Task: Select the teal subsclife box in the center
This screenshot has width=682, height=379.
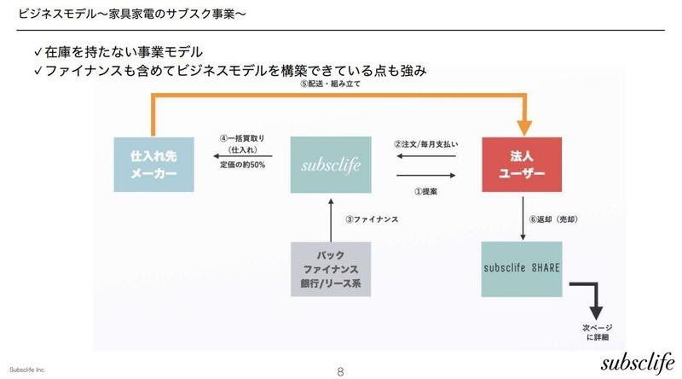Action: (x=332, y=163)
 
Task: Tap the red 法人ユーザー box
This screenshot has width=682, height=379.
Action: (x=520, y=163)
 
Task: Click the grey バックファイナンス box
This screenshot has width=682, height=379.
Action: (x=332, y=269)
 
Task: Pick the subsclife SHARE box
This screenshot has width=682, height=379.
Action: (x=520, y=269)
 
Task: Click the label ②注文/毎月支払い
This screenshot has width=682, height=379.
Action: (x=425, y=144)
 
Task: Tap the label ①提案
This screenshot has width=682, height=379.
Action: (x=425, y=191)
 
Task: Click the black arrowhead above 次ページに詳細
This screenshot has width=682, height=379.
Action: (x=595, y=312)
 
